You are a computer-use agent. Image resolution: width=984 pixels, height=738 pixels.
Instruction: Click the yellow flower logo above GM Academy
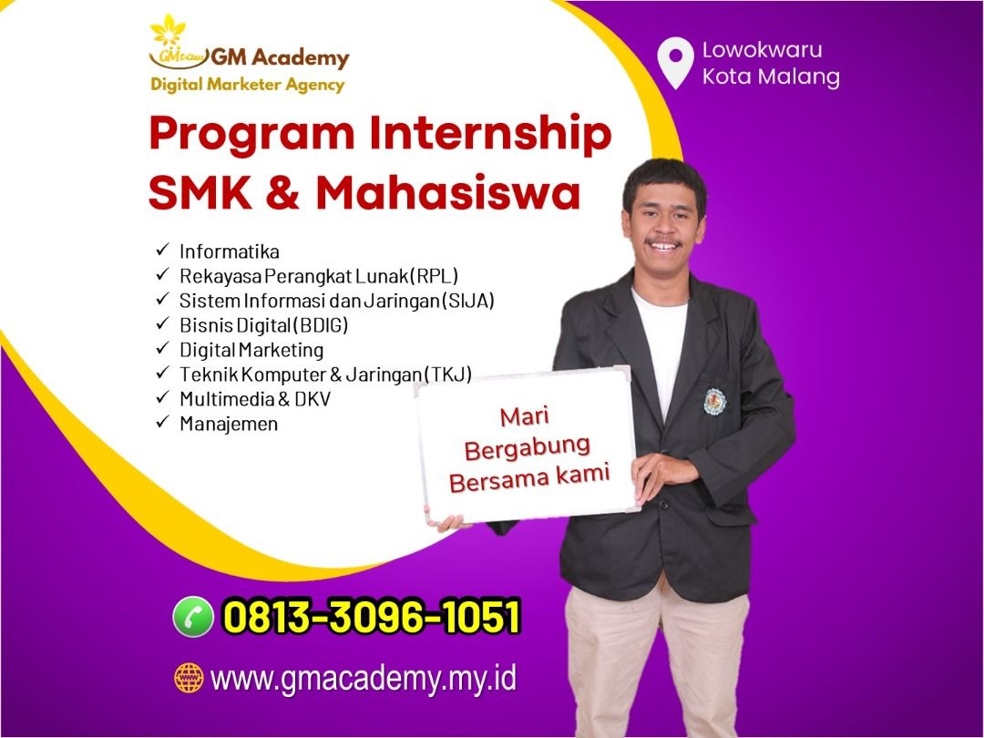point(169,30)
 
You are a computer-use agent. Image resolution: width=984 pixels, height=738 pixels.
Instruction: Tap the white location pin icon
point(675,63)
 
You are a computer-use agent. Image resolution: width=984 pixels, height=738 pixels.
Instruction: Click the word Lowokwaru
point(762,49)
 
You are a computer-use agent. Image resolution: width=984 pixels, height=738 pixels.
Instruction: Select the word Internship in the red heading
point(490,134)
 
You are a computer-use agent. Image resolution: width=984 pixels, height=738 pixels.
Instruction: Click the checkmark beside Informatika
point(163,250)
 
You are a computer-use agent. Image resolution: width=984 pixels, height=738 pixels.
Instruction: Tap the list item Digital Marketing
point(251,350)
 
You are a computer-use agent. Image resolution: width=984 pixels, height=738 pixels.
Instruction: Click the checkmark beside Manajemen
point(163,422)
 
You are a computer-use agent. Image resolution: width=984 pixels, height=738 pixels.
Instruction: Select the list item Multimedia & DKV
point(255,399)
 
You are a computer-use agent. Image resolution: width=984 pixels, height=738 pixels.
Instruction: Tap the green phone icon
point(193,616)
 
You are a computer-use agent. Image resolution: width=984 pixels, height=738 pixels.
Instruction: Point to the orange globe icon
point(189,679)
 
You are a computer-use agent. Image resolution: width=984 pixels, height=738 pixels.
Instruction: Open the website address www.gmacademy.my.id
point(364,680)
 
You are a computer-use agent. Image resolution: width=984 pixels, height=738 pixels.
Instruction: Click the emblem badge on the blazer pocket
point(715,402)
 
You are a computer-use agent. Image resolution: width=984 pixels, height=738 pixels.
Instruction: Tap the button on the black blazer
point(662,503)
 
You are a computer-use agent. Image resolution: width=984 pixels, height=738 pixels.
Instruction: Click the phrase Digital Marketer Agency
point(247,85)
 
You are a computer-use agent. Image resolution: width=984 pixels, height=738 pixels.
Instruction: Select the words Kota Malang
point(771,77)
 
